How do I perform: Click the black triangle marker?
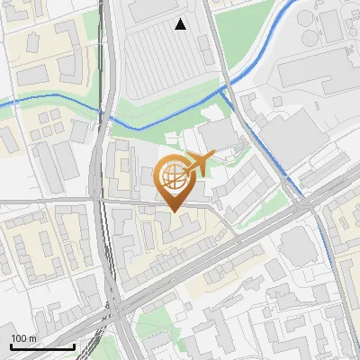pyautogui.click(x=182, y=24)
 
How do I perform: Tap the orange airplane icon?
pyautogui.click(x=200, y=162)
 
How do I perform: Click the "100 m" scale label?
pyautogui.click(x=23, y=338)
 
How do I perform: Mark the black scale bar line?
pyautogui.click(x=42, y=346)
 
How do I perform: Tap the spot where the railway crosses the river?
pyautogui.click(x=103, y=113)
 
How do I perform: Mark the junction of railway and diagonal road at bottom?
pyautogui.click(x=115, y=310)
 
